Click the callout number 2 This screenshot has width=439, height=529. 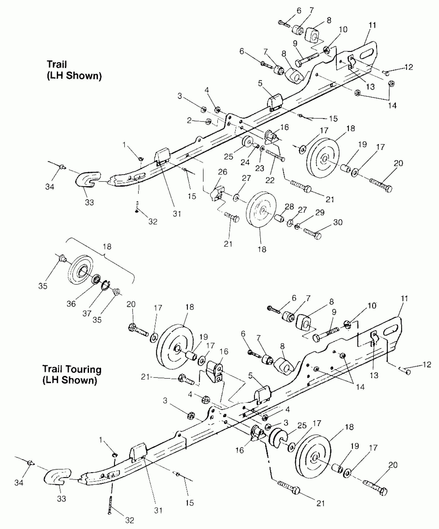pos(189,120)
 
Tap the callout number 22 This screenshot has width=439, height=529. pos(270,180)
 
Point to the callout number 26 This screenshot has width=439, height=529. pos(223,172)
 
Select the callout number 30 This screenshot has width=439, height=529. pos(338,222)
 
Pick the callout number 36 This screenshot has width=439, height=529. pos(71,304)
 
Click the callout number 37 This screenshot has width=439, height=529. pos(87,314)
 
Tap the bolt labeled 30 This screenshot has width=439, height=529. pos(312,233)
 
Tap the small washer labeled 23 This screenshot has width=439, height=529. pos(262,149)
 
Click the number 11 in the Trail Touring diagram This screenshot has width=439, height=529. pos(404,299)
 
